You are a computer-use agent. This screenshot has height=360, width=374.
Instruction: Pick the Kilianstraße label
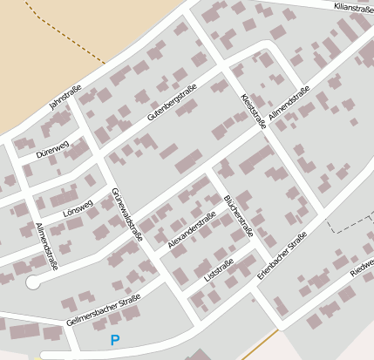(x=352, y=7)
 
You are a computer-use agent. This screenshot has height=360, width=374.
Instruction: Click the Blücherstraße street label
(x=238, y=216)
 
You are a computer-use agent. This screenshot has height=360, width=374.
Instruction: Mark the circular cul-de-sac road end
(x=33, y=282)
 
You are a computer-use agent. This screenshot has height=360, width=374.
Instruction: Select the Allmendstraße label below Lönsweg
(x=46, y=246)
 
